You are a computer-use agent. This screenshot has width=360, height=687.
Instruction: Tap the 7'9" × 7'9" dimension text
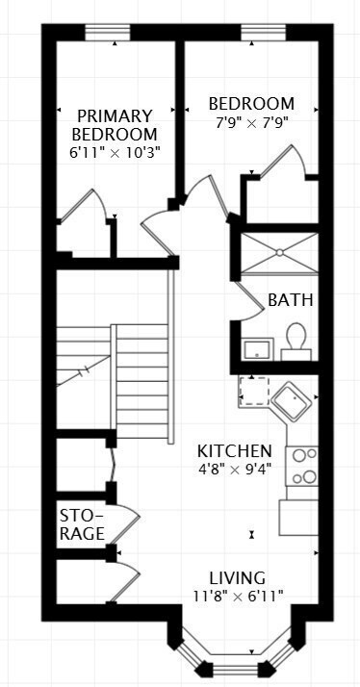[251, 122]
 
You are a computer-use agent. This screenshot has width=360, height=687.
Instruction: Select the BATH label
[291, 300]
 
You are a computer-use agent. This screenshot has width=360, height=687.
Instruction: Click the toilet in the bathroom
[296, 341]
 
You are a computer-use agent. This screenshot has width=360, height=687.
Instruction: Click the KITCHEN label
[235, 451]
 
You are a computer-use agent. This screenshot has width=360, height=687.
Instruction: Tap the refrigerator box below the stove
[299, 517]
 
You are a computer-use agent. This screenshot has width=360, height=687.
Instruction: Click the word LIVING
[229, 578]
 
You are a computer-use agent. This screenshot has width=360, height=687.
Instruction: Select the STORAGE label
[82, 522]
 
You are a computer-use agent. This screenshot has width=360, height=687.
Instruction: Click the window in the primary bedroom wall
[107, 32]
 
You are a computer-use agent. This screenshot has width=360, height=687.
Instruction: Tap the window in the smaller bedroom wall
[260, 32]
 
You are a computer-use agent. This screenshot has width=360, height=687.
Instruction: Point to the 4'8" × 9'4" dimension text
[235, 470]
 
